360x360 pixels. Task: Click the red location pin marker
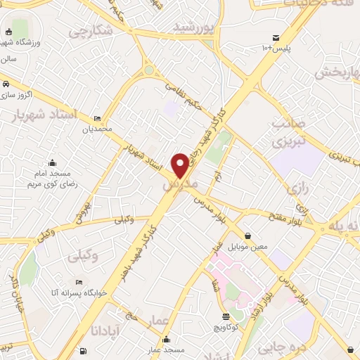pos(181,165)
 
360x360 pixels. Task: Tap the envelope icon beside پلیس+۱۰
pos(276,37)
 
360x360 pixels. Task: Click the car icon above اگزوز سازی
pos(6,84)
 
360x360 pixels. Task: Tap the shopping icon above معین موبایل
pos(247,236)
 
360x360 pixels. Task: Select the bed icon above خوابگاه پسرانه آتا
pos(79,282)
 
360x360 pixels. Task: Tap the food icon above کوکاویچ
pos(224,317)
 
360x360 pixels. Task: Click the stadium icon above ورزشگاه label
pos(8,32)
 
